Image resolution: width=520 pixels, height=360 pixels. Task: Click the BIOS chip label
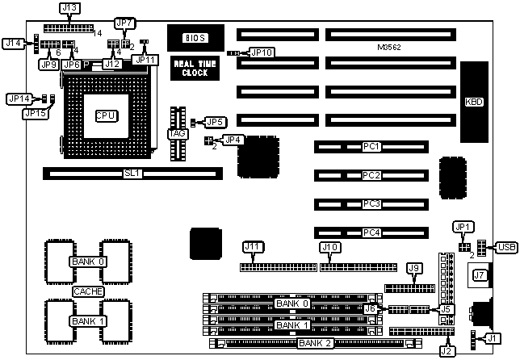click(x=195, y=37)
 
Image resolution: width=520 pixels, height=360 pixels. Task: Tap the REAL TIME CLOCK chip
click(x=191, y=68)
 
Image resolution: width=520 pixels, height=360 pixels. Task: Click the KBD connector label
click(x=474, y=103)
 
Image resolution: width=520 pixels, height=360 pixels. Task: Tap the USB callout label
click(x=506, y=247)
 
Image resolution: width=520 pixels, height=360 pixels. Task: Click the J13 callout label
click(x=69, y=9)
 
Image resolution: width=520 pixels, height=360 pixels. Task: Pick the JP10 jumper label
click(x=262, y=52)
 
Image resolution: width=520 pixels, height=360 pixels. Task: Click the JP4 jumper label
click(x=233, y=140)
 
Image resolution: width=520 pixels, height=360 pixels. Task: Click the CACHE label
click(x=88, y=291)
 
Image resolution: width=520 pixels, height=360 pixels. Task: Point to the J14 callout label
click(x=13, y=42)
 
